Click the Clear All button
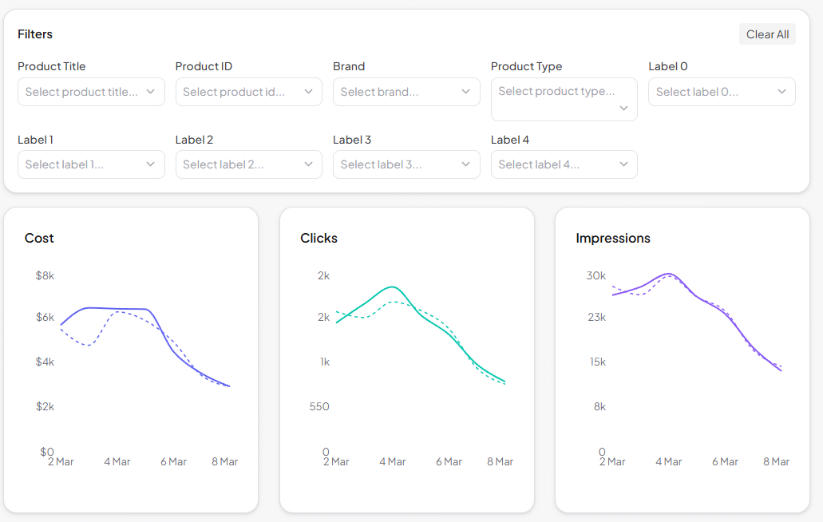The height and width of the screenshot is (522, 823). click(x=767, y=34)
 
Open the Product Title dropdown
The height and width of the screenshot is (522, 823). click(x=91, y=92)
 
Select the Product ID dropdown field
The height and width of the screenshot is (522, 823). click(x=248, y=92)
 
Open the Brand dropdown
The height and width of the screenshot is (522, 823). click(x=406, y=92)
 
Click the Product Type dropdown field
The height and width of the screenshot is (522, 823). click(x=564, y=99)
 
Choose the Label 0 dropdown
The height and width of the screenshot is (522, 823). click(x=722, y=92)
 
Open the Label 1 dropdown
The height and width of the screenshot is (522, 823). click(x=91, y=164)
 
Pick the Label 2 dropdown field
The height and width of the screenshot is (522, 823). click(x=248, y=164)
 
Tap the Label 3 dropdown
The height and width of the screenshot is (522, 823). click(x=406, y=164)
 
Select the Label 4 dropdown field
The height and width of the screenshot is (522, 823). click(x=564, y=164)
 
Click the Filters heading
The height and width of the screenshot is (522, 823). click(x=35, y=34)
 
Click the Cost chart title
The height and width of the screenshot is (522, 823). click(x=39, y=238)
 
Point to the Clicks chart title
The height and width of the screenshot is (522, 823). click(x=319, y=238)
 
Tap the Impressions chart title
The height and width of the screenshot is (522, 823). click(x=612, y=238)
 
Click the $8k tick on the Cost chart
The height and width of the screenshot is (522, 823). click(x=45, y=275)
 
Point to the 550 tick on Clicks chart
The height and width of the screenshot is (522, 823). click(x=319, y=406)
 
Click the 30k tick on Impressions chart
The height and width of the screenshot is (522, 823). click(x=596, y=275)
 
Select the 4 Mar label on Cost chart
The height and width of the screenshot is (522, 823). click(x=117, y=461)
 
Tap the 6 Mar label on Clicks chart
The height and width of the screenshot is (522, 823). click(x=449, y=461)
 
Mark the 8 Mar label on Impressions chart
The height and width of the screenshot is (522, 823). click(x=776, y=461)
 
